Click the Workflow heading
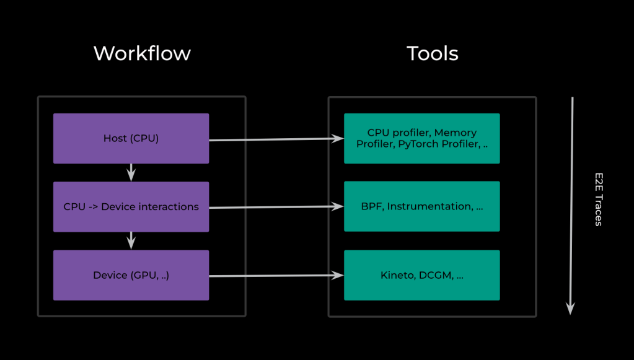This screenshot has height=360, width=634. (142, 53)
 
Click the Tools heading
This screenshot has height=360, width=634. (432, 53)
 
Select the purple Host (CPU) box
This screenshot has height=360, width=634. (131, 138)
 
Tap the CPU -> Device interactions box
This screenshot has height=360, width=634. (131, 206)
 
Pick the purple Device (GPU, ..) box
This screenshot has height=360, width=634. (131, 275)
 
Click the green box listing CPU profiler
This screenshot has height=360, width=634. (421, 138)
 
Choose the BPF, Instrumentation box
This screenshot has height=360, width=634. (421, 206)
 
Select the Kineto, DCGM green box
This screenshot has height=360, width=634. (421, 275)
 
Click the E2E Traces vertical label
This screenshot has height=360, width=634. (599, 199)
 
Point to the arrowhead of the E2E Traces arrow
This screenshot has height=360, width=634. (571, 314)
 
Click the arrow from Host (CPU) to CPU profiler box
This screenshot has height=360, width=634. (276, 139)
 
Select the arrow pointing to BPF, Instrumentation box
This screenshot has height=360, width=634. (276, 207)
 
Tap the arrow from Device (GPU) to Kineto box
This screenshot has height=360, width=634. (276, 276)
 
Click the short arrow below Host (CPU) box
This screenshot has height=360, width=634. (131, 172)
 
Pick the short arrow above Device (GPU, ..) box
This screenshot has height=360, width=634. (131, 241)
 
